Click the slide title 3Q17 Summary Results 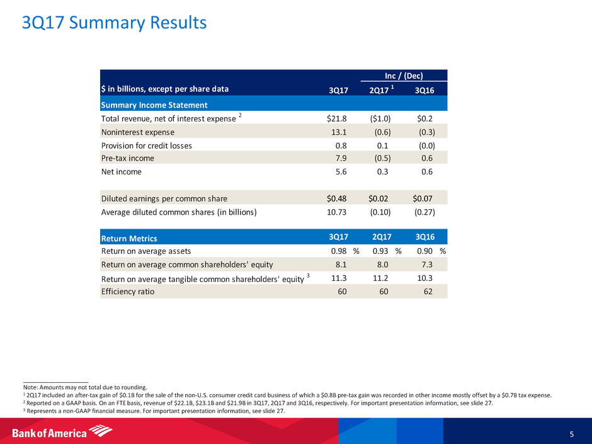click(x=114, y=23)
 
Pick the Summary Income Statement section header click(x=154, y=105)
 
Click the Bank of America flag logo click(x=100, y=431)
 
